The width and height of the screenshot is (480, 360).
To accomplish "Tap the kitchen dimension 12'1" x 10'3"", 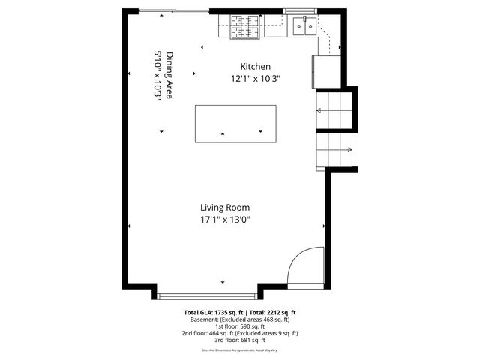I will (259, 78).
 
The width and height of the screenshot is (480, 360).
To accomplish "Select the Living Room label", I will (224, 208).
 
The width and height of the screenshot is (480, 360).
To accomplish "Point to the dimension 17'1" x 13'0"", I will (224, 220).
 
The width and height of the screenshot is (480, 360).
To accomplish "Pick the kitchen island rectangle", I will (235, 124).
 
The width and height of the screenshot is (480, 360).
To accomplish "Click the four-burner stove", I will (244, 26).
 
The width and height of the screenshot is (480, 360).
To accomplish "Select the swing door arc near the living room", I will (301, 266).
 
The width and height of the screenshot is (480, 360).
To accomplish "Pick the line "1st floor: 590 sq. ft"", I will (240, 325).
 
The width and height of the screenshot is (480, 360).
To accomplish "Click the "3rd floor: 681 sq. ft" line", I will (240, 340).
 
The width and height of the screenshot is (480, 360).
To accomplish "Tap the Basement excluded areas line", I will (240, 319).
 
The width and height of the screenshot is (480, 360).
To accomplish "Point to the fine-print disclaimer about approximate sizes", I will (240, 349).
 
